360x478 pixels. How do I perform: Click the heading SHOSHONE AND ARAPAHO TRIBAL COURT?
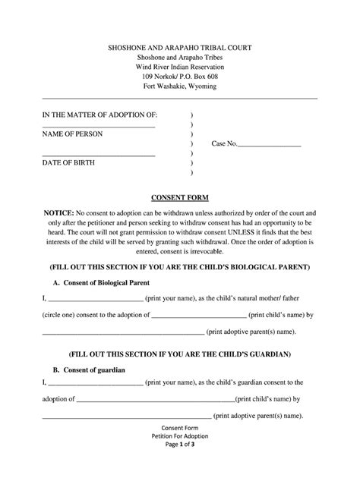point(180,48)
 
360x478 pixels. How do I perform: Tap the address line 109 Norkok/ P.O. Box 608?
point(180,77)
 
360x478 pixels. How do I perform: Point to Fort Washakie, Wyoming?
point(180,87)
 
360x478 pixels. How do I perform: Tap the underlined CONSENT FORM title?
point(180,195)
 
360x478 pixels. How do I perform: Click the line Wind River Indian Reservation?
point(180,68)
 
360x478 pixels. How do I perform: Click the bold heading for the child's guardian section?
point(180,354)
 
